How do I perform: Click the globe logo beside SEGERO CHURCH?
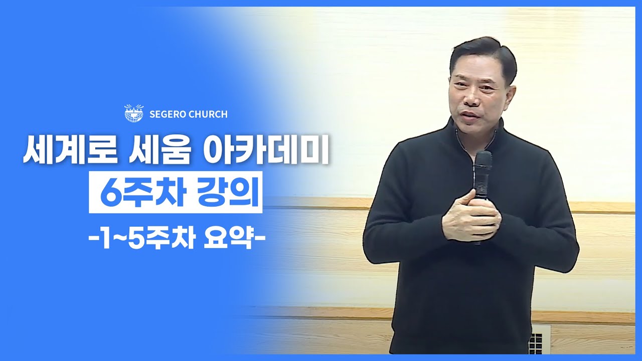[134, 113]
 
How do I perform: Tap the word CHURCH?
[208, 114]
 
